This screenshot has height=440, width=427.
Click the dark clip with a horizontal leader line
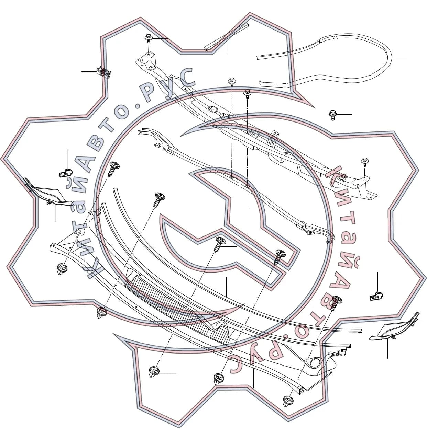coord(103,71)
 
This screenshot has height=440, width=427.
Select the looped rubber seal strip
coord(324,61)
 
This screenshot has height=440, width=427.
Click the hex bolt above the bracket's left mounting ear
coord(149,38)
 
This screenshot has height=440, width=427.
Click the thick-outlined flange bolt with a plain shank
coord(332,115)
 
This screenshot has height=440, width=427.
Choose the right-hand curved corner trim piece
coord(394,327)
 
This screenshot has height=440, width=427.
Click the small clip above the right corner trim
coord(376,296)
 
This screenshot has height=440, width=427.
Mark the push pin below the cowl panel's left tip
coord(62,269)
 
